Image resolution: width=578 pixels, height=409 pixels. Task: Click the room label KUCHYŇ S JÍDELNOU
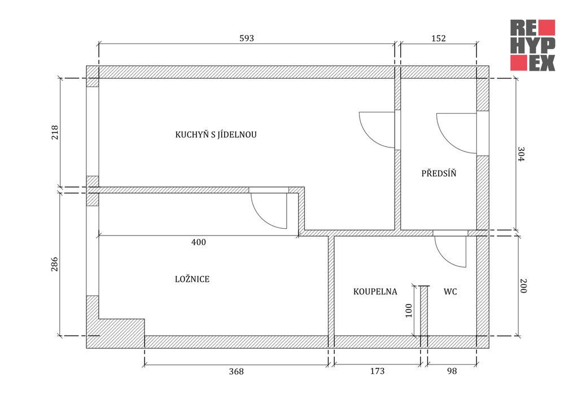tap(216, 134)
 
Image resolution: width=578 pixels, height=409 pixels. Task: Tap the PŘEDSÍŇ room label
tap(439, 173)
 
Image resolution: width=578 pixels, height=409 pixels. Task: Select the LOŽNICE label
tap(192, 279)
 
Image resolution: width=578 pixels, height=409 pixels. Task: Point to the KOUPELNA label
tap(375, 291)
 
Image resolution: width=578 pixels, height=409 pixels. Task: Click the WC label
tap(450, 291)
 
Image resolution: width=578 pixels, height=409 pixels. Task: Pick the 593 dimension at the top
tap(247, 38)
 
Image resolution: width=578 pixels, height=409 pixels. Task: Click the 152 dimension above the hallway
tap(438, 38)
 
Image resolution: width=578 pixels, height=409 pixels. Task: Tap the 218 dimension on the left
tap(55, 133)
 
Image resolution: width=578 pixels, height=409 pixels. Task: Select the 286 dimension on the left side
tap(55, 264)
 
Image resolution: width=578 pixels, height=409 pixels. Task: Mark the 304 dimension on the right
tap(521, 155)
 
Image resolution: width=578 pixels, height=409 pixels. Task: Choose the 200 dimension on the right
tap(523, 286)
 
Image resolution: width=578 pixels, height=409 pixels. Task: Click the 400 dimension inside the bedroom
tap(199, 242)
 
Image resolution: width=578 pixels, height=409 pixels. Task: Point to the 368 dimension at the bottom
tap(237, 371)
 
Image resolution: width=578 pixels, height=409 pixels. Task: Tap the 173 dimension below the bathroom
tap(377, 371)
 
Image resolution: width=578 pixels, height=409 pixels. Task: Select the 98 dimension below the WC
tap(452, 371)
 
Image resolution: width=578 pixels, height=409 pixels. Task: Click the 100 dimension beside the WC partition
tap(409, 311)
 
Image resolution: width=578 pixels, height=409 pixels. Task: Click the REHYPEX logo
tap(532, 45)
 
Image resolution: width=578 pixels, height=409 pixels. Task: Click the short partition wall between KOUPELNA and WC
tap(424, 311)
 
